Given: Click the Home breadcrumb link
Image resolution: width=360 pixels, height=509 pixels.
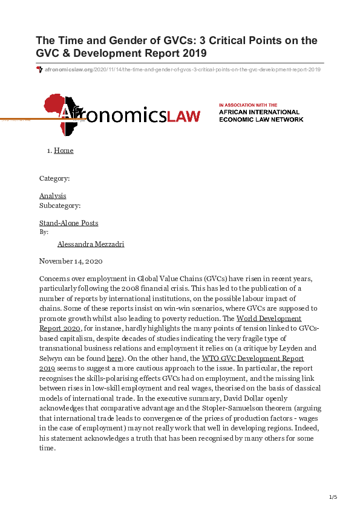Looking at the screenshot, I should (x=64, y=151).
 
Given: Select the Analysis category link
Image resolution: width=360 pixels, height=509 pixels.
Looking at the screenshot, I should (x=53, y=196).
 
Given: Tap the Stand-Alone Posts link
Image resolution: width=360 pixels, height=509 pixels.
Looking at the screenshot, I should (x=68, y=223).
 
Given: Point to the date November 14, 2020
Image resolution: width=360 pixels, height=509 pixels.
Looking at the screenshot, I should (x=71, y=261).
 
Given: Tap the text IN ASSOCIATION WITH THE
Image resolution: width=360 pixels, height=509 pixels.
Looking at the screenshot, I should (x=248, y=105).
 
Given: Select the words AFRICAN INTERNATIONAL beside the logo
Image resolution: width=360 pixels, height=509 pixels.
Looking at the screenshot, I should (x=259, y=112).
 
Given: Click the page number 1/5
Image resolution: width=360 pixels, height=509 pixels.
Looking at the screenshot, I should (x=333, y=497).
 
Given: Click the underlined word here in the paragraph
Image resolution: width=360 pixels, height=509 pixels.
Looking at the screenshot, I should (x=114, y=358).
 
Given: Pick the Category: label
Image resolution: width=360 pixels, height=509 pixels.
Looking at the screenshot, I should (x=54, y=178).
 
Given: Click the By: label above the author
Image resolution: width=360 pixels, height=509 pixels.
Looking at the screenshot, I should (x=44, y=232).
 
